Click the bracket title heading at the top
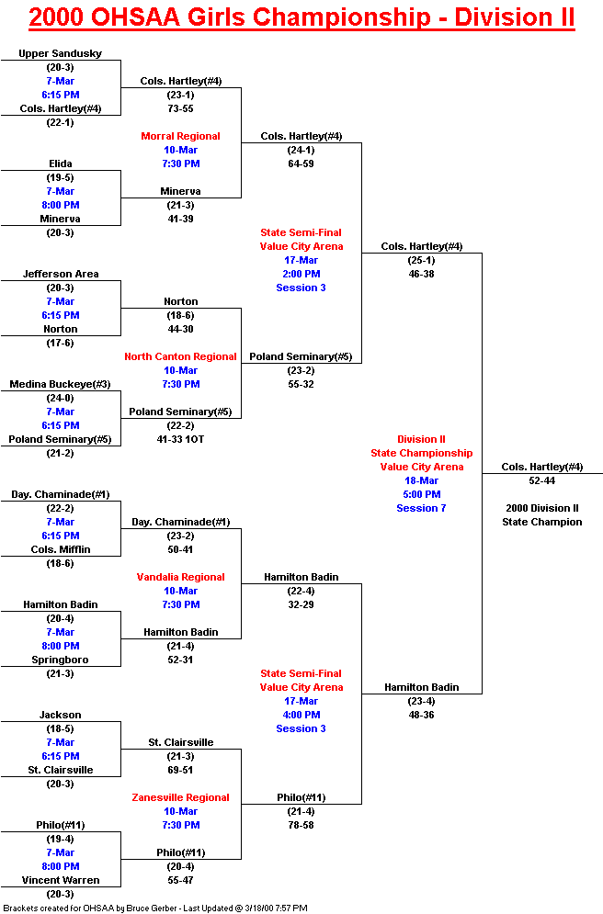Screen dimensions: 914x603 [301, 17]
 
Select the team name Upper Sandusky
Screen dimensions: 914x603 [61, 53]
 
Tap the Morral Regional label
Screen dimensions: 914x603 [181, 136]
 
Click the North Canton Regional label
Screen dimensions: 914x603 [181, 356]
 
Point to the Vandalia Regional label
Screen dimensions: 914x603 [181, 577]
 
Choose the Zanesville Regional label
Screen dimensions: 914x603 [181, 797]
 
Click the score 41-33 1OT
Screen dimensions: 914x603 [181, 439]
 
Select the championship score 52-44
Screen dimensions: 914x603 [542, 480]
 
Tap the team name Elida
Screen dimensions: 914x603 [61, 164]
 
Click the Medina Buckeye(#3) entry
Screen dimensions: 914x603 [61, 384]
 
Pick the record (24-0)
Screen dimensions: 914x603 [61, 398]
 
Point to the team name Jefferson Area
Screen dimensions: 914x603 [61, 274]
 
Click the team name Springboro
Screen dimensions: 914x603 [61, 660]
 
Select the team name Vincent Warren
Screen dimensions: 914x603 [61, 880]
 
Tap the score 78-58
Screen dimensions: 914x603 [301, 825]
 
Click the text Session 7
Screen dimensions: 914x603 [422, 508]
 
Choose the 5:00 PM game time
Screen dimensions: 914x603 [422, 494]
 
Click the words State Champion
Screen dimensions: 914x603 [542, 522]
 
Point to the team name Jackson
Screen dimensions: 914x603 [61, 715]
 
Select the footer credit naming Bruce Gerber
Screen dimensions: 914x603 [154, 908]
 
